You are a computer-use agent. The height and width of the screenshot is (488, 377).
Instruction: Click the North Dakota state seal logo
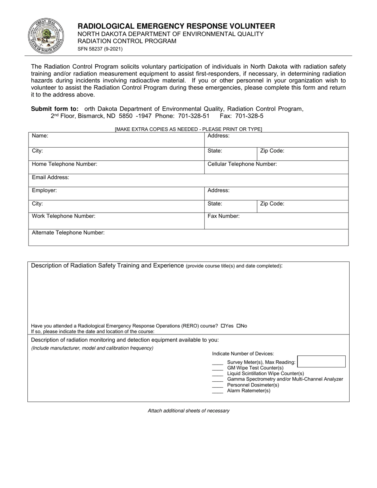point(46,37)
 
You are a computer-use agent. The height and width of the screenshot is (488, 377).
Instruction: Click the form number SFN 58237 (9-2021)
point(100,49)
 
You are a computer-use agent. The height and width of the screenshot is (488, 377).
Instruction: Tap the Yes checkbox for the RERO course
point(223,326)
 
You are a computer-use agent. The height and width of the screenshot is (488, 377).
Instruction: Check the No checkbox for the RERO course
point(239,326)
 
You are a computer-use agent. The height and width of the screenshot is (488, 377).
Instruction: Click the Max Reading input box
point(321,361)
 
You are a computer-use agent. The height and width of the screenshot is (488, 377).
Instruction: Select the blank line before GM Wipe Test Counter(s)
point(217,368)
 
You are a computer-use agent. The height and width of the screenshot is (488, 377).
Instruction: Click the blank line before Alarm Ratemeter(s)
point(217,391)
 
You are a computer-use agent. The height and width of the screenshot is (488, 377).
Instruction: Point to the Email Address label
point(50,177)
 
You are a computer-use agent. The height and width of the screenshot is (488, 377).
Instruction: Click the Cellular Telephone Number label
point(242,164)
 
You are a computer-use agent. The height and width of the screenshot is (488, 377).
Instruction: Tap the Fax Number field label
point(223,216)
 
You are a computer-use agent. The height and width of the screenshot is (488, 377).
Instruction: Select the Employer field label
point(44,190)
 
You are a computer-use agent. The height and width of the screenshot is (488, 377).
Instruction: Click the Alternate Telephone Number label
point(68,233)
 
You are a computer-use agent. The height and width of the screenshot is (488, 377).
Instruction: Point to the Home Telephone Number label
point(64,164)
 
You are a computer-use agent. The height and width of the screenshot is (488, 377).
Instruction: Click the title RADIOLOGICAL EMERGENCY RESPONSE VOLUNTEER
point(176,26)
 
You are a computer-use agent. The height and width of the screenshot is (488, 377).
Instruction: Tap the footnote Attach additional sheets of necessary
point(188,411)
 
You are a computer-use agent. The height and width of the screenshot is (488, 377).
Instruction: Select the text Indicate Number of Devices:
point(243,354)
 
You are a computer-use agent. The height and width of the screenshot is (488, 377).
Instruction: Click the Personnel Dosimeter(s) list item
point(253,385)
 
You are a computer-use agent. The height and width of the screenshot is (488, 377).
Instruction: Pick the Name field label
point(40,136)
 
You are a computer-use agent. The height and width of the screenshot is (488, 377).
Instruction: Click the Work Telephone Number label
point(63,216)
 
